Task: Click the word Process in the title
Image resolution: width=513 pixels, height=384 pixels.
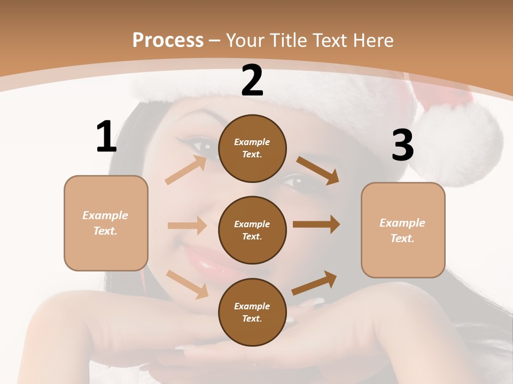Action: point(168,41)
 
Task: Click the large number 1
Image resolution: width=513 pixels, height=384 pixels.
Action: point(106,137)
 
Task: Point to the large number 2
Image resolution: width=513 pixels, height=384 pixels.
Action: point(252,81)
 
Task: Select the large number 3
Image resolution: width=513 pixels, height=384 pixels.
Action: point(402,145)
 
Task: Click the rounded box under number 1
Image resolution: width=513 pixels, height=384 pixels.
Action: point(106,223)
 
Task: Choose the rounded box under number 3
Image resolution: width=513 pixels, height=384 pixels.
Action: point(403,230)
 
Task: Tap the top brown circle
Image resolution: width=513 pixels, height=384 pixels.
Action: point(252,148)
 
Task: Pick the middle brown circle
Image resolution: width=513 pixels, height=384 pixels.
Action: point(252,230)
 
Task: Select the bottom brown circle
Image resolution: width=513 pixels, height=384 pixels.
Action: point(252,312)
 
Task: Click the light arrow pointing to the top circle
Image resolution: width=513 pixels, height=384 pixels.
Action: point(186,170)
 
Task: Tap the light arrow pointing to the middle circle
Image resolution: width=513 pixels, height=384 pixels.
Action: point(187,226)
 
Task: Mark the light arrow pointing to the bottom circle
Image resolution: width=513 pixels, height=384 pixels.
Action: point(188,284)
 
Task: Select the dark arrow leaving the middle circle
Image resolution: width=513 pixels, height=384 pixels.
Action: point(316,225)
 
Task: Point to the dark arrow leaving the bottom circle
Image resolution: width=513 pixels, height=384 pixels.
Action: point(314,283)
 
